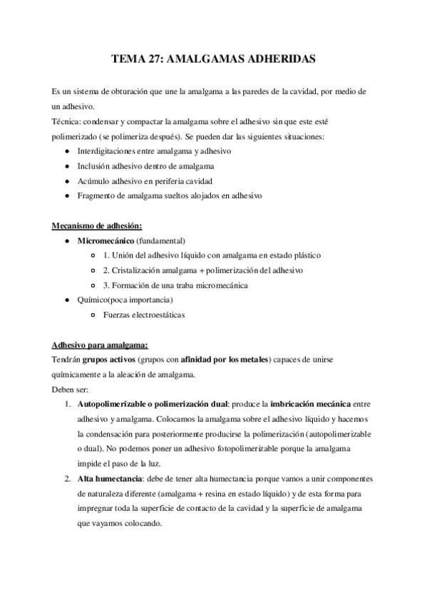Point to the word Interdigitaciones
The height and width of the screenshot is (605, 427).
108,151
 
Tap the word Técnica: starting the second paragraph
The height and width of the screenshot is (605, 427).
65,122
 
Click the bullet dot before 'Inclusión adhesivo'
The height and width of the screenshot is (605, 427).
66,166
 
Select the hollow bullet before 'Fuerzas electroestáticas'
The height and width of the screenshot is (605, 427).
95,314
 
